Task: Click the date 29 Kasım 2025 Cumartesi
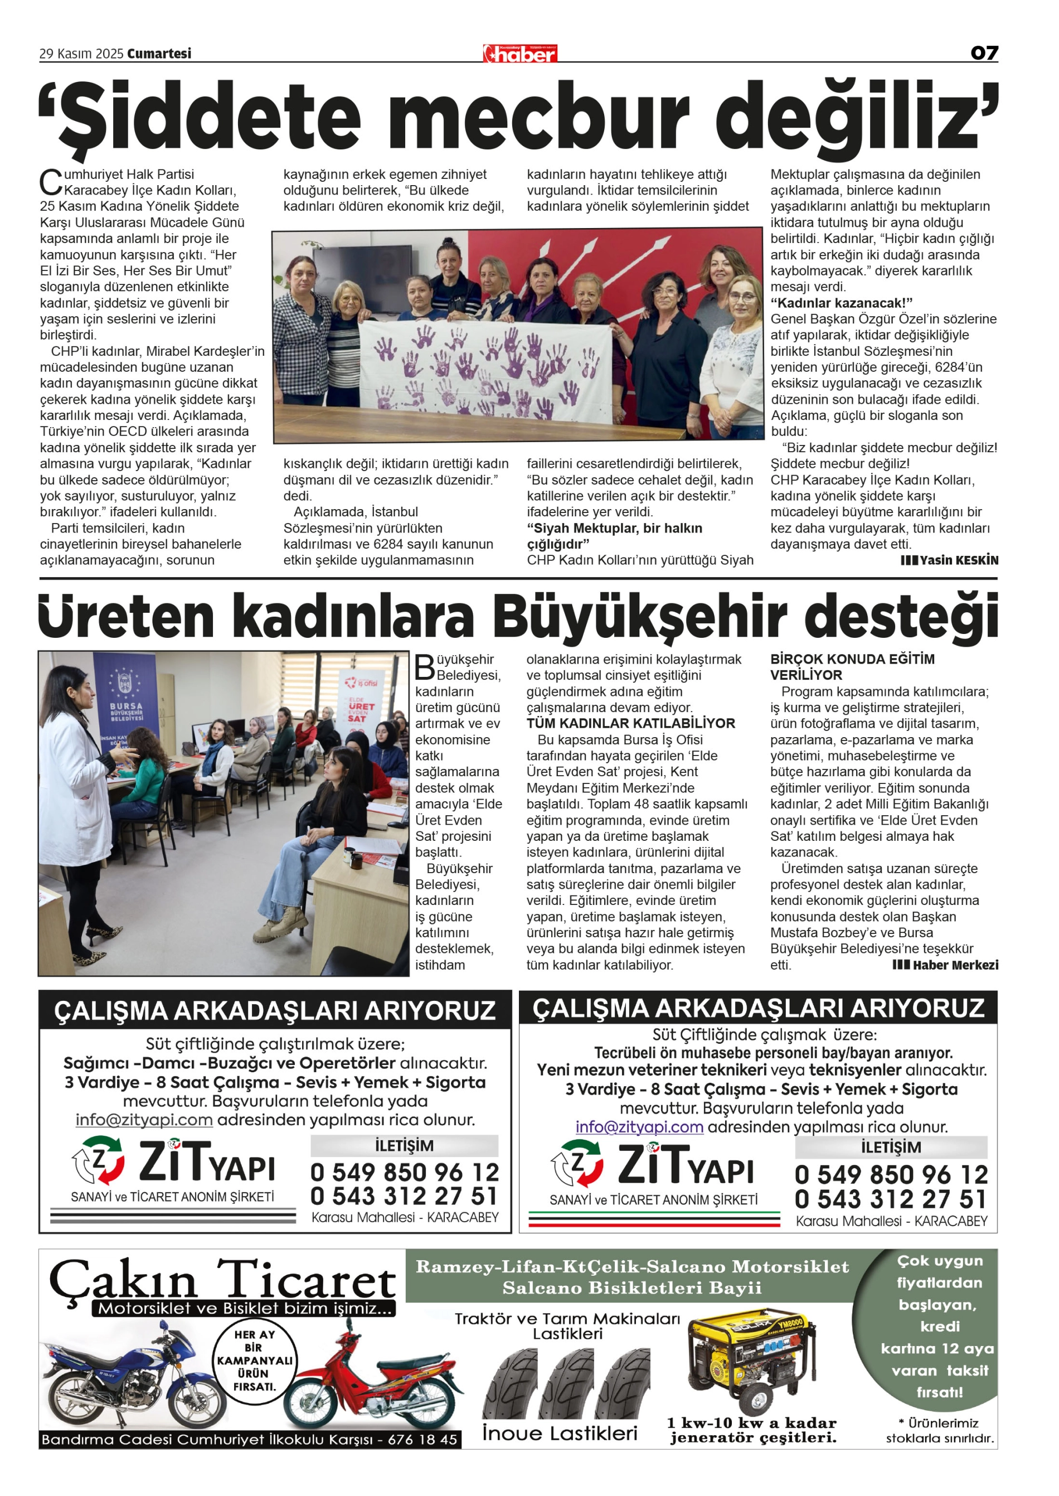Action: [x=115, y=54]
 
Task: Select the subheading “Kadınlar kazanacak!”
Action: [x=841, y=303]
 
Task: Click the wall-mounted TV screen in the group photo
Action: [x=362, y=269]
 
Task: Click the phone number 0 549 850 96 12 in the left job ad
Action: [x=404, y=1173]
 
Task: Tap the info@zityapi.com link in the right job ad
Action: [x=639, y=1127]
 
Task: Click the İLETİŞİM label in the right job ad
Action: [x=891, y=1148]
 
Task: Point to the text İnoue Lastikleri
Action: [x=560, y=1434]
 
